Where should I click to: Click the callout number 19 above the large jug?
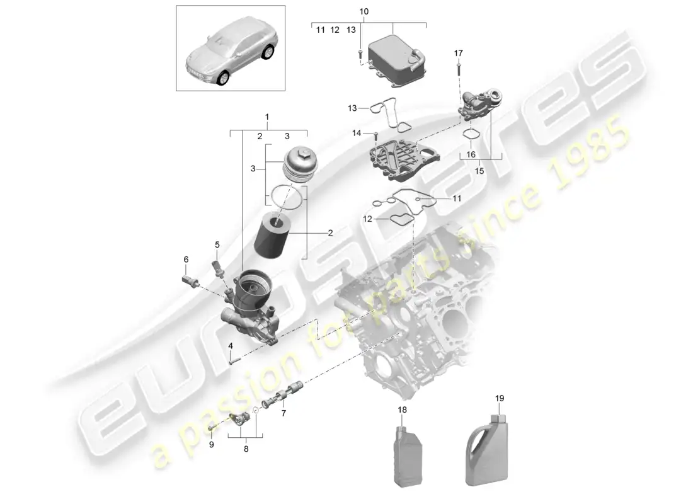500,398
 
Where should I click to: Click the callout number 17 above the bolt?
458,53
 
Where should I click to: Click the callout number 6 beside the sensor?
186,259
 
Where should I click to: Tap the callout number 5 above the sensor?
217,244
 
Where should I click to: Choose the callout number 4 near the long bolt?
231,345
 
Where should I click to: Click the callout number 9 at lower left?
212,444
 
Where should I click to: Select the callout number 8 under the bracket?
246,449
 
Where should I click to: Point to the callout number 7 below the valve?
283,413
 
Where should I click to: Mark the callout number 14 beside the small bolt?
357,133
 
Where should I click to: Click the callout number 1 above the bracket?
267,117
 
